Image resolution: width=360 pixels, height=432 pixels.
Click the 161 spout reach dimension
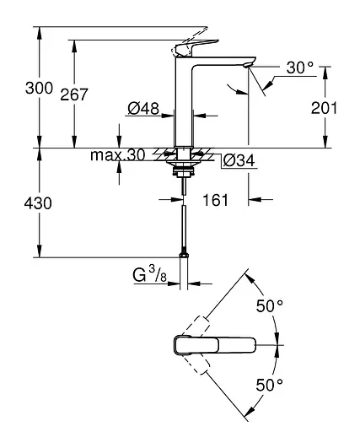point(217,200)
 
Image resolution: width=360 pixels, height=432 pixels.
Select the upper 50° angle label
point(270,306)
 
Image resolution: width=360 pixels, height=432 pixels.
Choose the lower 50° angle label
point(270,385)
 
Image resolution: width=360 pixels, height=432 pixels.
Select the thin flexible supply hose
point(183,224)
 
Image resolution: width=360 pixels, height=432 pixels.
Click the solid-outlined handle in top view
point(215,346)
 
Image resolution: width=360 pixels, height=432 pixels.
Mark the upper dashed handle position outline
point(201,325)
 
